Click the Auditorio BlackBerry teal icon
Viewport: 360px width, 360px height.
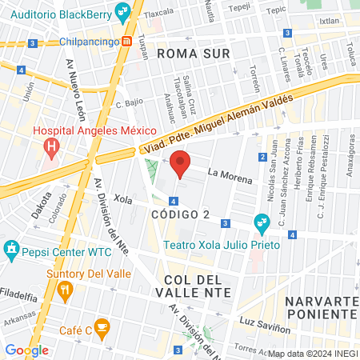[x=122, y=11]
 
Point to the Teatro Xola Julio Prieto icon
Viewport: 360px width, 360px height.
[x=261, y=222]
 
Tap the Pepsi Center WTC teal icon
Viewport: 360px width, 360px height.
[x=11, y=250]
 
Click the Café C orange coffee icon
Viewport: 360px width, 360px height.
[x=102, y=326]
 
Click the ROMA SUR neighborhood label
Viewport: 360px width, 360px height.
[x=194, y=54]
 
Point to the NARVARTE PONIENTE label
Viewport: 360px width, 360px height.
[x=321, y=307]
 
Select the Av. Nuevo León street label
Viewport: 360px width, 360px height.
[x=77, y=88]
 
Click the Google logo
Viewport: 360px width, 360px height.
[x=26, y=350]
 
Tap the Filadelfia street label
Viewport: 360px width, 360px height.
[x=19, y=294]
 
